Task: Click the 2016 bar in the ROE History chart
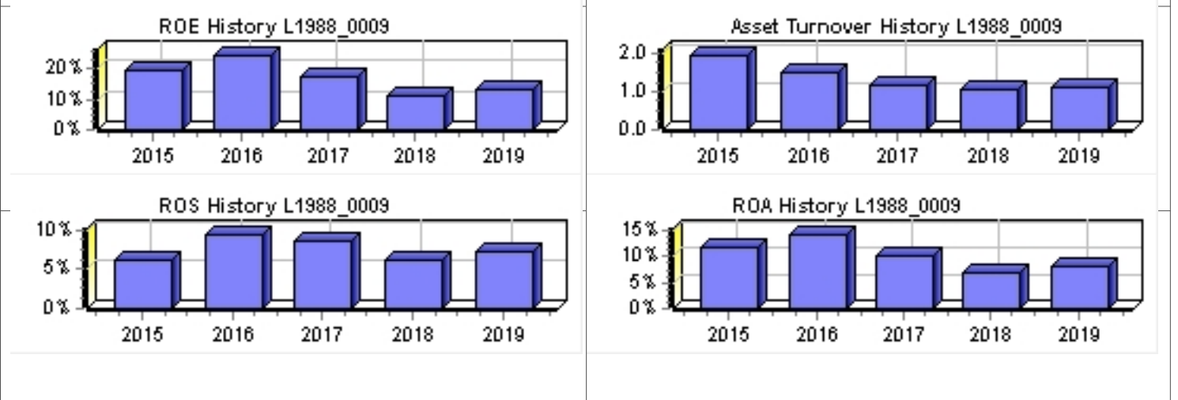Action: point(242,92)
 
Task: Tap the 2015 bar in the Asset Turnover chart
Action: point(719,92)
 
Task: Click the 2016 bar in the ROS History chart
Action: point(233,270)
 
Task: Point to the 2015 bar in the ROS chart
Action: point(143,283)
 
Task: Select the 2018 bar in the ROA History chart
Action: point(991,290)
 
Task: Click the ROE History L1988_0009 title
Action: point(274,27)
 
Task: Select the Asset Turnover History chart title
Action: point(896,27)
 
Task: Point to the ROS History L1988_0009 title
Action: point(274,206)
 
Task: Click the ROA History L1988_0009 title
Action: point(846,206)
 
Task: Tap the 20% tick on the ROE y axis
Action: point(63,68)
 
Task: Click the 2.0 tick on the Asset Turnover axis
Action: point(635,53)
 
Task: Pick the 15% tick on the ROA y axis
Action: point(640,230)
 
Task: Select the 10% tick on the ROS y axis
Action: point(53,230)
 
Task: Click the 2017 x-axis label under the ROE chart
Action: point(327,157)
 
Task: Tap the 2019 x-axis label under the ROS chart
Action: point(504,335)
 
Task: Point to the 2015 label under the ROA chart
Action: point(728,335)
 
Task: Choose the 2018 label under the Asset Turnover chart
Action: point(987,157)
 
